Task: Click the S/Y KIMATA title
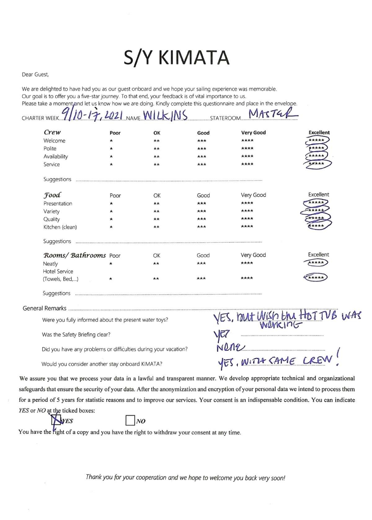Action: [x=176, y=58]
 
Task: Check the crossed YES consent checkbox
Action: [x=56, y=420]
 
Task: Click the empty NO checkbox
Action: [x=130, y=420]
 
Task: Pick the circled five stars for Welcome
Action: [x=317, y=140]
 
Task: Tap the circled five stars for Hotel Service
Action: [x=316, y=278]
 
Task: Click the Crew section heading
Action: [x=52, y=132]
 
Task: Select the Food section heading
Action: [x=52, y=195]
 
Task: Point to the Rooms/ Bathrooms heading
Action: [x=74, y=255]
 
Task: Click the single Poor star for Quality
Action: [x=111, y=219]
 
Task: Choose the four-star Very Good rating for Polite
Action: [x=247, y=148]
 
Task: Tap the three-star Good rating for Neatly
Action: [x=201, y=263]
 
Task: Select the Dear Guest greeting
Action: [x=35, y=75]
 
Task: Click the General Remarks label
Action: [x=44, y=308]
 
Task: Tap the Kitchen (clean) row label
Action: [x=60, y=227]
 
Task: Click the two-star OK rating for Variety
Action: [x=157, y=211]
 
